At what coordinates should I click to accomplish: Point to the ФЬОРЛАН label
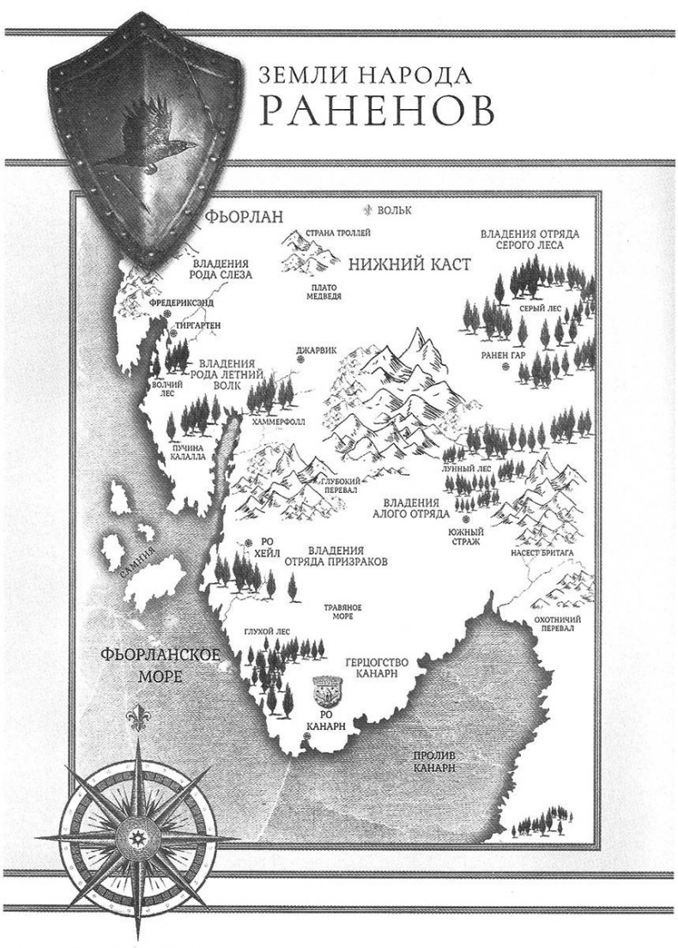[x=244, y=216]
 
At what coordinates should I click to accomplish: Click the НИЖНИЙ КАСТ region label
[x=409, y=265]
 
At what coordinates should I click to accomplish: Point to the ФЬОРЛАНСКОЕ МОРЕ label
[x=160, y=665]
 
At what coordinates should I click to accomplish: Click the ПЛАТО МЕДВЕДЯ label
[x=327, y=291]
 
